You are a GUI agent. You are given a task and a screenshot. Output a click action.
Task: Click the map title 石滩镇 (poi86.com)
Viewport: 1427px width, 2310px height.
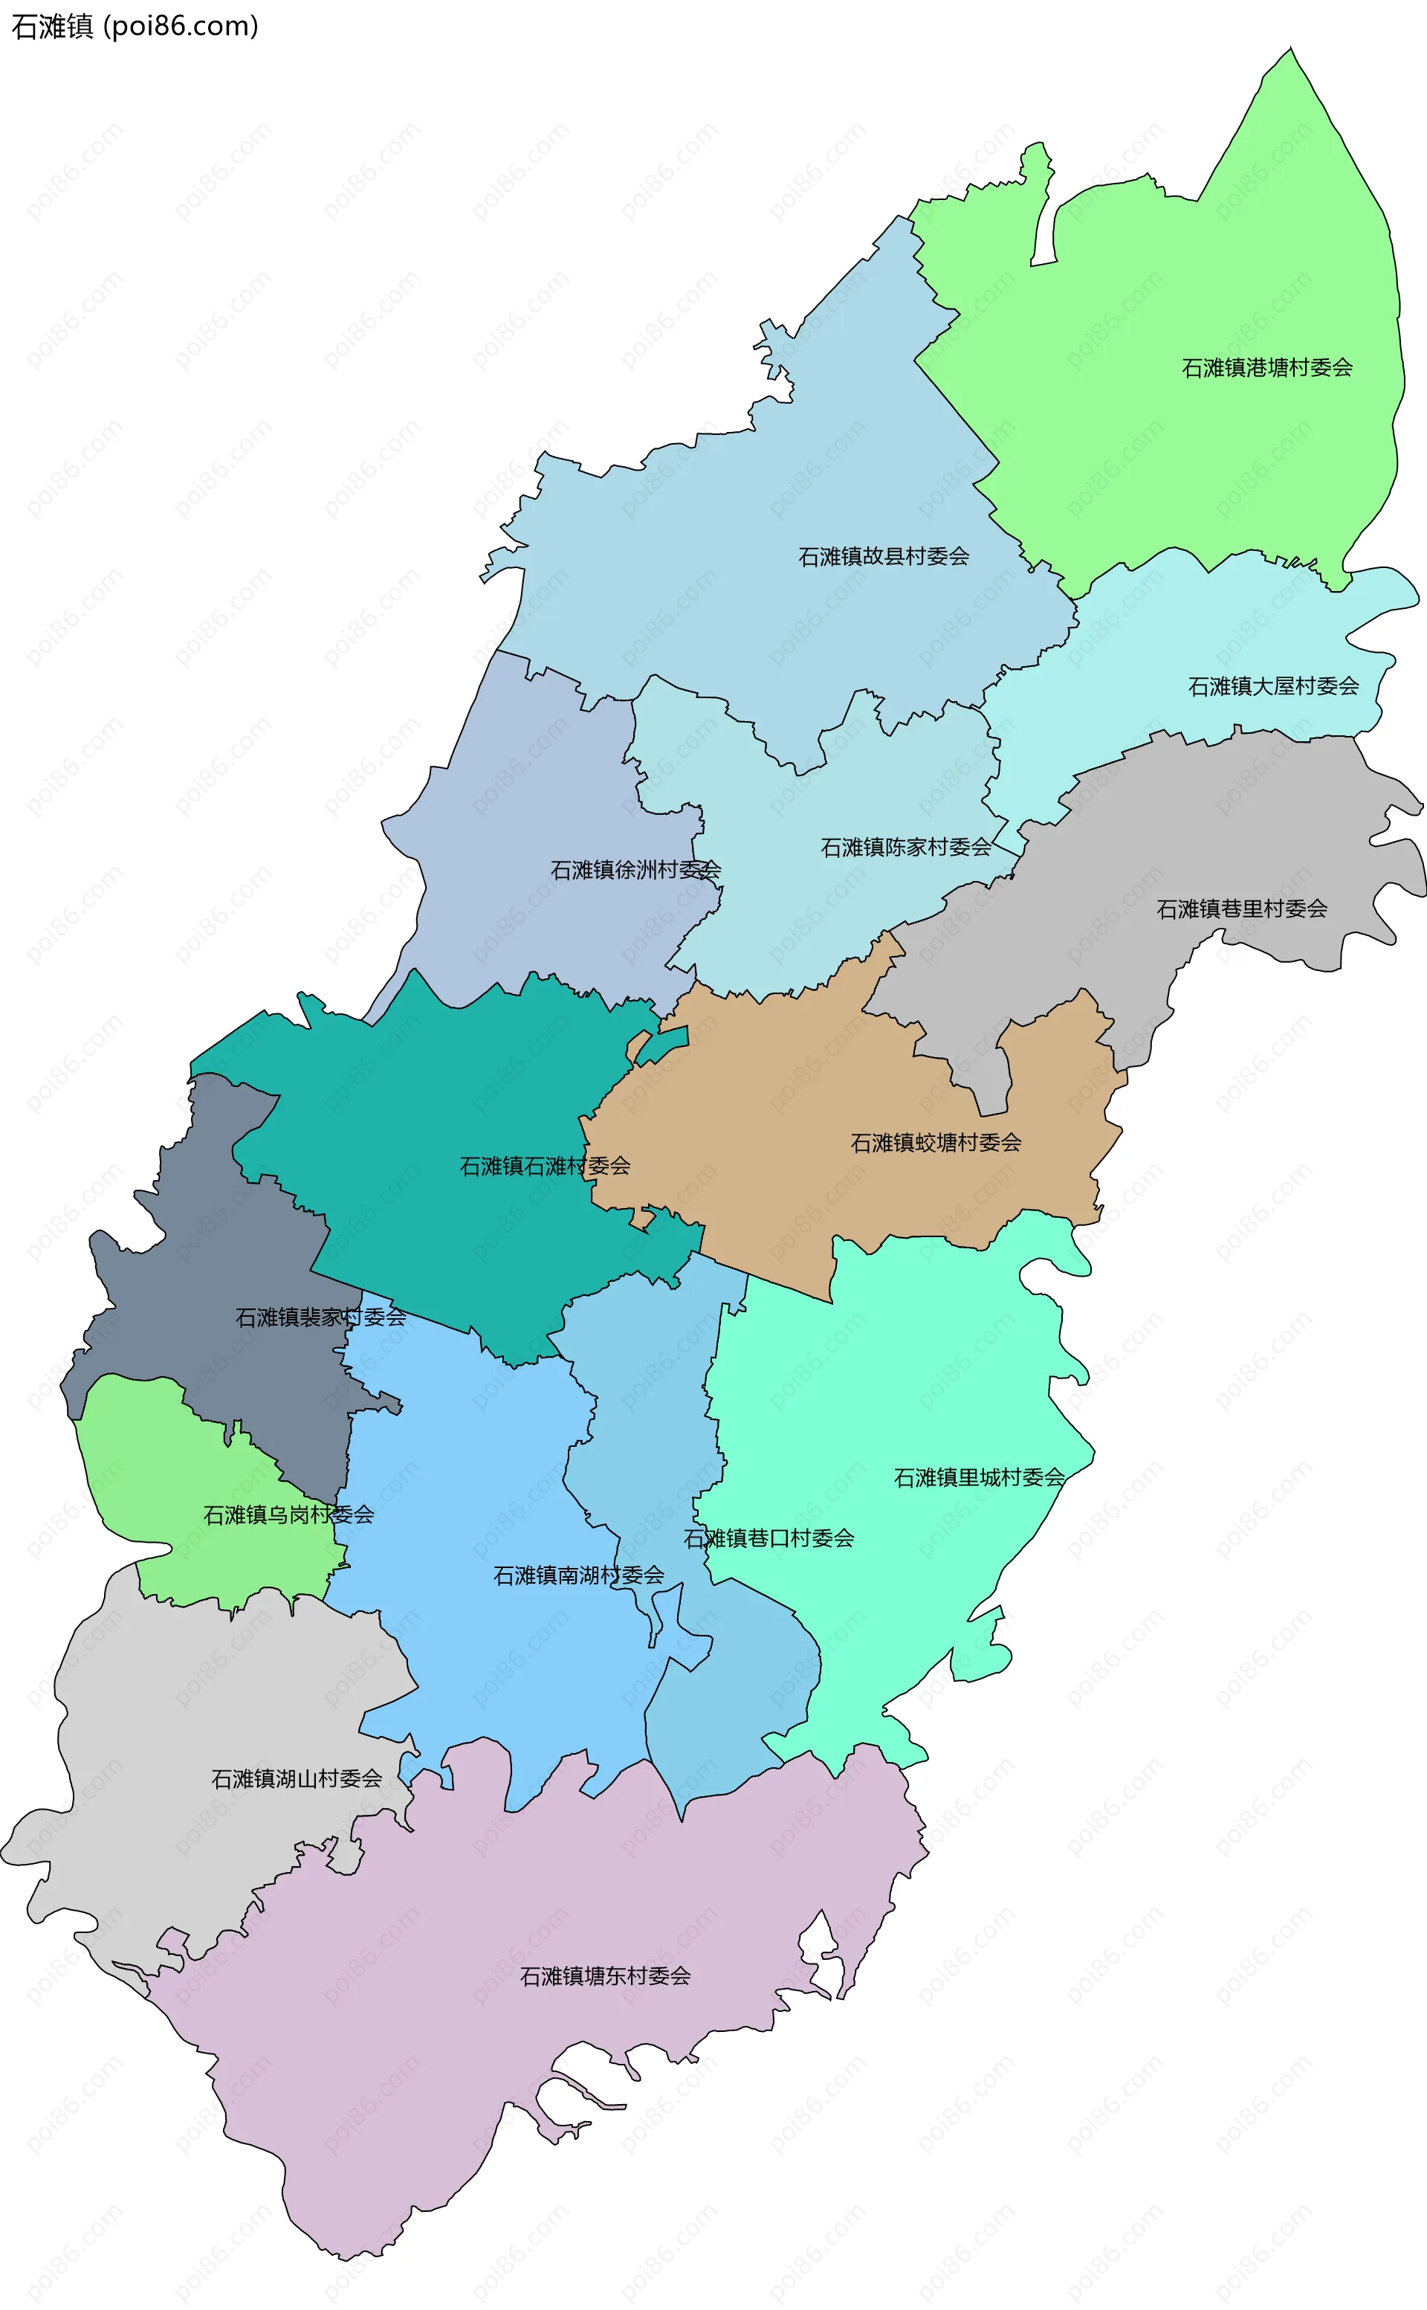(x=134, y=27)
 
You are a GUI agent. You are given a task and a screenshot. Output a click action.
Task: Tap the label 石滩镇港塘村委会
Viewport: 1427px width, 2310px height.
(x=1266, y=368)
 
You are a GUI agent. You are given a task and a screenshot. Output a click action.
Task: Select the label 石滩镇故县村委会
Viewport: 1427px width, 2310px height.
(x=884, y=557)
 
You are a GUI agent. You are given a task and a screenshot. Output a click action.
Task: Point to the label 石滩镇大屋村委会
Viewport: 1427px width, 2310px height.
(x=1272, y=686)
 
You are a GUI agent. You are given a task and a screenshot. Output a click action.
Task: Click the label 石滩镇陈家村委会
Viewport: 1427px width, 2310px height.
(x=905, y=848)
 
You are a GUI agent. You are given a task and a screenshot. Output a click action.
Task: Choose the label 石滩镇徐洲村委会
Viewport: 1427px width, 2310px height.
(x=635, y=869)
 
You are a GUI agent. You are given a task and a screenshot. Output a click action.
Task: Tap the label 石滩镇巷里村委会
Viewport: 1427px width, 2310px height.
(x=1241, y=909)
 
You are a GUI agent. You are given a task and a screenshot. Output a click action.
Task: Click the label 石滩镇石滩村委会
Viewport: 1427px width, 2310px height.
(x=545, y=1166)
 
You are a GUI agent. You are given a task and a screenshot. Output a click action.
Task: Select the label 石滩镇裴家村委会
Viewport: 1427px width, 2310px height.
(x=320, y=1317)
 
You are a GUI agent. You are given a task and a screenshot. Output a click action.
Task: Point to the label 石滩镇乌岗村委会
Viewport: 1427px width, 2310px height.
(x=289, y=1514)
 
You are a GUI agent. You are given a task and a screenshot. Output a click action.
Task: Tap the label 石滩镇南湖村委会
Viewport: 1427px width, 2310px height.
(x=577, y=1575)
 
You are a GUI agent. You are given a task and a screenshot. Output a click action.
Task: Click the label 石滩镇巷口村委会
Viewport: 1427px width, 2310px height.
(x=768, y=1538)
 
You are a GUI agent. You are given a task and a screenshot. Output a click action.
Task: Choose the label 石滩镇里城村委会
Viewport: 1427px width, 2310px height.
(x=979, y=1477)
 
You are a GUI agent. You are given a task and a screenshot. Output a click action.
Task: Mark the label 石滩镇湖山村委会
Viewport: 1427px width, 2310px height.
(x=297, y=1778)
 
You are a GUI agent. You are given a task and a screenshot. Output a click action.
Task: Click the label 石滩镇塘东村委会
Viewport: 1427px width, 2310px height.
(x=605, y=1976)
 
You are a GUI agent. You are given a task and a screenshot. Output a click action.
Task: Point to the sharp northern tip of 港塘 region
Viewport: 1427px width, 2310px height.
(x=1290, y=49)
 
